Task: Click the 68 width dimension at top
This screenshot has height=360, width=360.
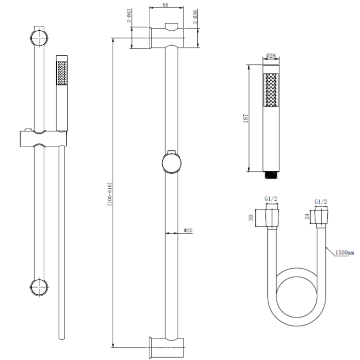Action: [166, 5]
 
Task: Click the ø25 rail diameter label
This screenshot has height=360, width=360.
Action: [188, 231]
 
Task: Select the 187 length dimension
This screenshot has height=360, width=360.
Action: [246, 118]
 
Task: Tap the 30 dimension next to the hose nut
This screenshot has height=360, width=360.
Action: [250, 217]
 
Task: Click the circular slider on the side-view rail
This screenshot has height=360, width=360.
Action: [172, 162]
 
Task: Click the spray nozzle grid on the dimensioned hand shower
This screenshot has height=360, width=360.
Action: [271, 90]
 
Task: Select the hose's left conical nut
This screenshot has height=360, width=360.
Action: [271, 217]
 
